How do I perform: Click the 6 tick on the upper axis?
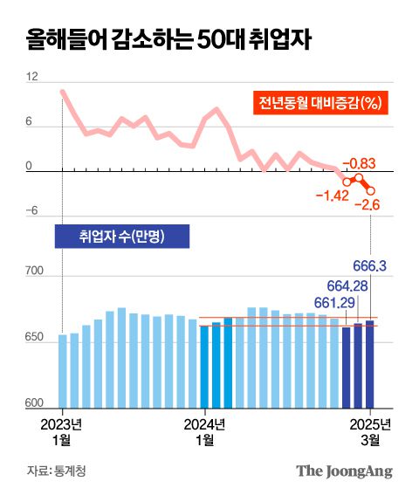click(30, 122)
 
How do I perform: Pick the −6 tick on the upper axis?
click(31, 211)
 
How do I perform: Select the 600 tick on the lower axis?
click(36, 402)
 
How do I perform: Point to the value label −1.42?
click(332, 194)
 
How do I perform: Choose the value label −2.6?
click(367, 205)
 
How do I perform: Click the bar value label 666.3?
click(370, 265)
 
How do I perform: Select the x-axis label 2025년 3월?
click(373, 432)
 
